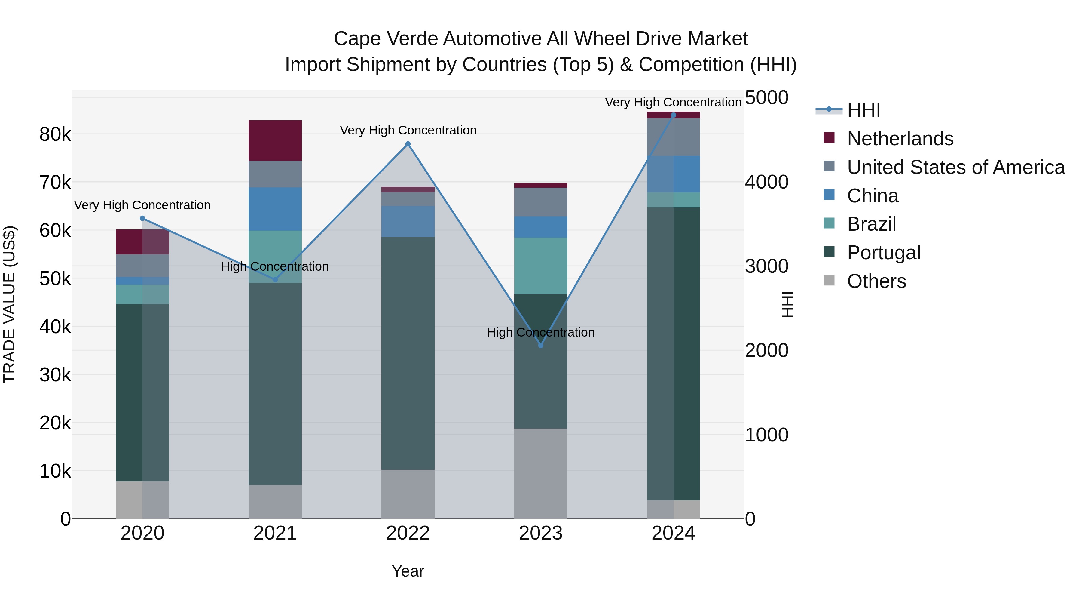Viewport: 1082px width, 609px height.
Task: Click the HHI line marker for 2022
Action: (x=408, y=144)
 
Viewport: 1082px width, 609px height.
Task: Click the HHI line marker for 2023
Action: (x=541, y=346)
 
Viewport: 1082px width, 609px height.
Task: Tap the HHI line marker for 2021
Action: (x=275, y=279)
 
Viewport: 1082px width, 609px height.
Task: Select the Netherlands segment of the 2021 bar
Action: (x=275, y=140)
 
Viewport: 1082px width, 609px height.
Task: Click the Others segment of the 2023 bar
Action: (x=541, y=473)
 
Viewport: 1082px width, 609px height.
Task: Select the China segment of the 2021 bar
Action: (x=275, y=209)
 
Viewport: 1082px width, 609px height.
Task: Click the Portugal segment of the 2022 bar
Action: (x=408, y=353)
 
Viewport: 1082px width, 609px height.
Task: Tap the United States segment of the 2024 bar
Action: (x=673, y=137)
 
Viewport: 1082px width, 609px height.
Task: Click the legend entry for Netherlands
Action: (x=900, y=139)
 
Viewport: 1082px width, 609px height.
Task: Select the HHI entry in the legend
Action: (x=863, y=110)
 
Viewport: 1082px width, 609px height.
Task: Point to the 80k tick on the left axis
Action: (x=55, y=134)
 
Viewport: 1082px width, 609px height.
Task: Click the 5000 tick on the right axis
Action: (x=766, y=97)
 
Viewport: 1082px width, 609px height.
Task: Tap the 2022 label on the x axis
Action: (x=408, y=533)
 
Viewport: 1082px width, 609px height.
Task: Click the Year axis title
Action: (x=408, y=571)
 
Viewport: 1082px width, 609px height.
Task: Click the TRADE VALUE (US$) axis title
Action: (x=9, y=304)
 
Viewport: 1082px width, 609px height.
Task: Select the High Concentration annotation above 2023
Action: (x=541, y=332)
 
